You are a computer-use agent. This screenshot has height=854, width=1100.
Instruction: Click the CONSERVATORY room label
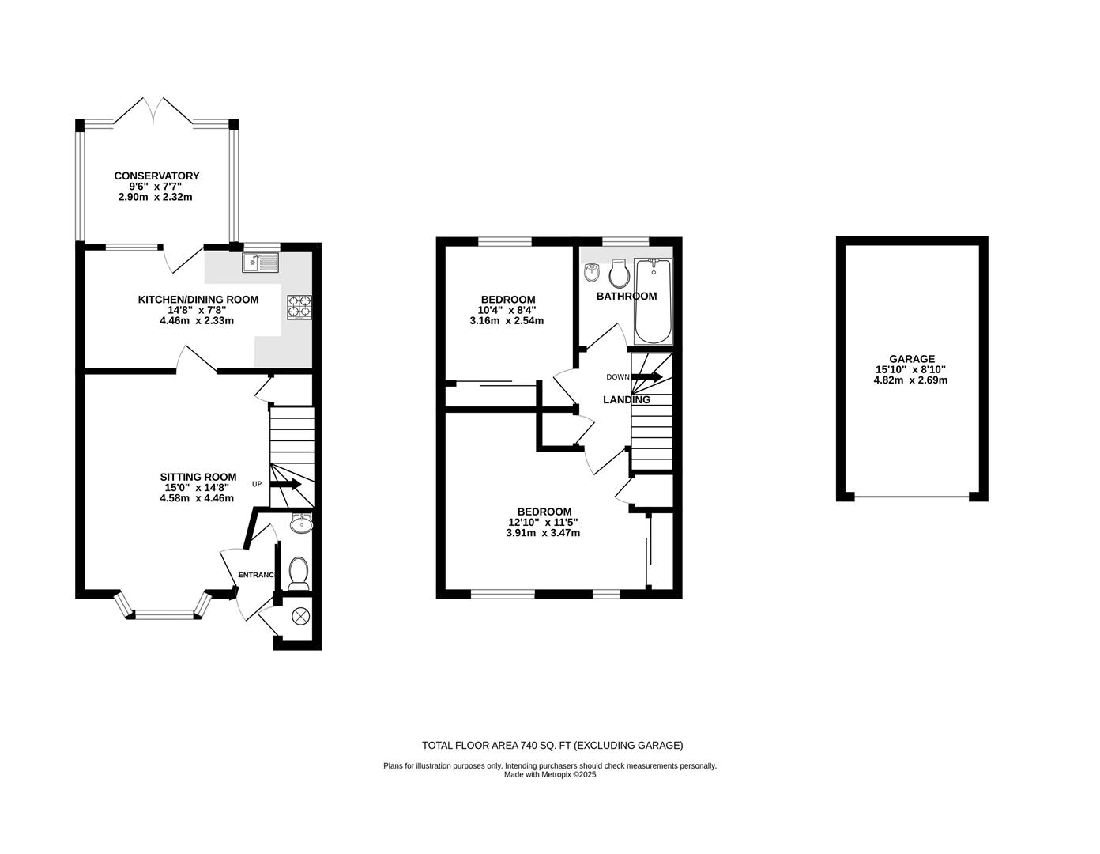tap(156, 176)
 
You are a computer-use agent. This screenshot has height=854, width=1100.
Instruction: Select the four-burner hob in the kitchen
tap(299, 306)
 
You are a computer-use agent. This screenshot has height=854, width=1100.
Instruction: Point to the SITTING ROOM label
tap(198, 476)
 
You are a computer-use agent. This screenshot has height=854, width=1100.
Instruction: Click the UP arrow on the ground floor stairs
tap(287, 484)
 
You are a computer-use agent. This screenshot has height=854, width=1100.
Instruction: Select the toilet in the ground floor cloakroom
tap(298, 572)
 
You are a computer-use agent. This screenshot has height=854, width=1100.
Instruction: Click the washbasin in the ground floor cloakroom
tap(301, 523)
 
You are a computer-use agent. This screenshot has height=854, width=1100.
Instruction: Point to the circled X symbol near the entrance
tap(300, 615)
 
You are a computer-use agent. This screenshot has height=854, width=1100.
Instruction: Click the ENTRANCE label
tap(256, 575)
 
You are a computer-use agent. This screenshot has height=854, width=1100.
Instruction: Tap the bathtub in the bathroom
tap(653, 300)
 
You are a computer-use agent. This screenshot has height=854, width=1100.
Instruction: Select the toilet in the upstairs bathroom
tap(619, 274)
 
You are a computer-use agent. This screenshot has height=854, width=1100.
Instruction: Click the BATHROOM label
tap(626, 296)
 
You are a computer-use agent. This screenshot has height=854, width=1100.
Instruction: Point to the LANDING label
tap(626, 399)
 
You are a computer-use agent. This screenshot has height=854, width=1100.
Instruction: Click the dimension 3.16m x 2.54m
tap(507, 320)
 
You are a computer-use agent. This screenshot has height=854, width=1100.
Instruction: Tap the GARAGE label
tap(910, 358)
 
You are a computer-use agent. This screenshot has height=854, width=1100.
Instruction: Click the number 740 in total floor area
tap(532, 745)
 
